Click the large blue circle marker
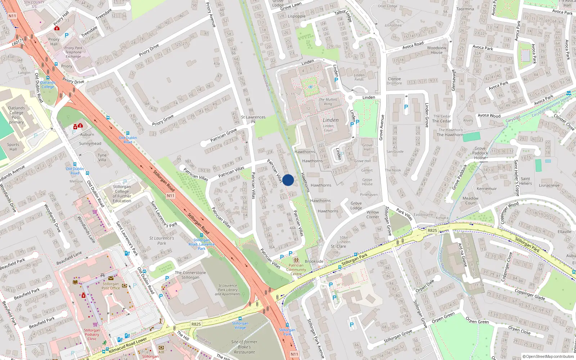(x=288, y=180)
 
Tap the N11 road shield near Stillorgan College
(x=171, y=196)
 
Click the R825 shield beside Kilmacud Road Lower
(x=196, y=324)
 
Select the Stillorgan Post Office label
(x=111, y=286)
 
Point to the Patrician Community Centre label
(x=296, y=270)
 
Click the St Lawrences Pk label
(x=253, y=119)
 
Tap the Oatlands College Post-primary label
(x=16, y=115)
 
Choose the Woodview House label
(x=436, y=50)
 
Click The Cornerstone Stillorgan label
(x=190, y=275)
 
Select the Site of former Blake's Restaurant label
(x=244, y=347)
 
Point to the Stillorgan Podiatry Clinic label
(x=92, y=334)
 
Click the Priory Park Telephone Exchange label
(x=73, y=52)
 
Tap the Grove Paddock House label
(x=480, y=153)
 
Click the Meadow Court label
(x=471, y=201)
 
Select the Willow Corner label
(x=373, y=215)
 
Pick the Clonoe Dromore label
(x=394, y=81)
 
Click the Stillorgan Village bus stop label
(x=240, y=325)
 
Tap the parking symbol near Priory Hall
(x=67, y=35)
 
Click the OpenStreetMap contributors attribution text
(x=548, y=357)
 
